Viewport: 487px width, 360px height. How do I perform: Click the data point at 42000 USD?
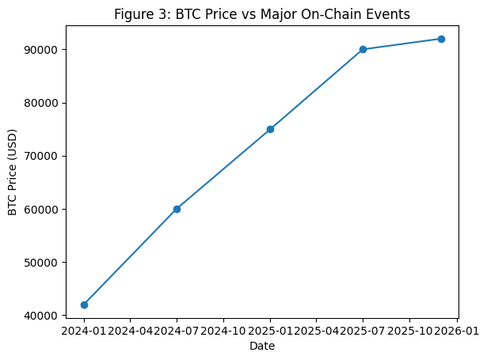tap(84, 305)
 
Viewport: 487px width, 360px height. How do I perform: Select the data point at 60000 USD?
tap(177, 209)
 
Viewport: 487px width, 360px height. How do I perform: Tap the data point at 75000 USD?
tap(270, 129)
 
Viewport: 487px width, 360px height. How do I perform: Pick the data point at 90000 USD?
tap(363, 49)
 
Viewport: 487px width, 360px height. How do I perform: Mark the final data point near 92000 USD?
tap(441, 39)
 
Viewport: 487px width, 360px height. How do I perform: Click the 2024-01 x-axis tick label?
tap(84, 330)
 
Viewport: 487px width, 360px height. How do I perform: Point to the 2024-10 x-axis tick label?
tap(223, 330)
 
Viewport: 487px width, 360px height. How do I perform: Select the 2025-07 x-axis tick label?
tap(363, 330)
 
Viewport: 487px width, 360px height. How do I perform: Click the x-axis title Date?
tap(262, 346)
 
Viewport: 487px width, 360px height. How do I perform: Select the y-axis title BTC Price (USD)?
tap(13, 172)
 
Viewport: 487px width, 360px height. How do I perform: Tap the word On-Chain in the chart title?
tap(342, 13)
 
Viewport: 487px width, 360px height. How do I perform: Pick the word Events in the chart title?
tap(391, 13)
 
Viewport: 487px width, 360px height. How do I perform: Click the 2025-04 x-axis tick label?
tap(317, 330)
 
